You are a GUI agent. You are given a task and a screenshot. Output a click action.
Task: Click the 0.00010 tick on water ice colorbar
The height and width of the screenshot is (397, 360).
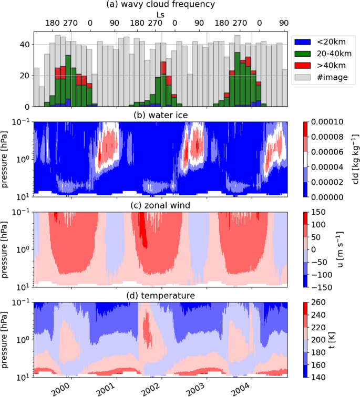332,122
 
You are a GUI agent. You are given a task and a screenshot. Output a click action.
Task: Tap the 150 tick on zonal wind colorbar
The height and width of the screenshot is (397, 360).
324,212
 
